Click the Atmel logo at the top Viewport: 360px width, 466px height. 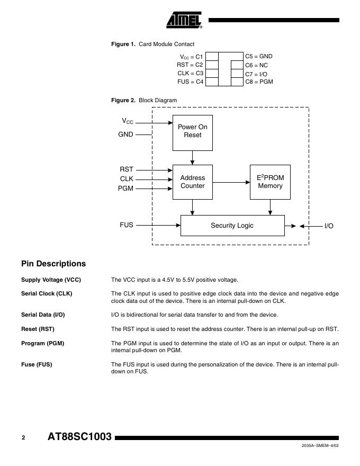[184, 20]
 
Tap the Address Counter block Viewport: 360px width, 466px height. [193, 182]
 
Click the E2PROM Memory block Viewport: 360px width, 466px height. [270, 182]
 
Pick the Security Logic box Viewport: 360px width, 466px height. [232, 226]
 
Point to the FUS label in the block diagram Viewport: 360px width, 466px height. [127, 225]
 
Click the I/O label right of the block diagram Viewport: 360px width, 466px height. [329, 226]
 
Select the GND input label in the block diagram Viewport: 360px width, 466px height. [125, 135]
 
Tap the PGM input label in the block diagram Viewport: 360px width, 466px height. [125, 189]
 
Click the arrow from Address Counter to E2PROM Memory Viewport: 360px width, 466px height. [231, 182]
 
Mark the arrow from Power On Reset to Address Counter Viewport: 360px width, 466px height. [193, 158]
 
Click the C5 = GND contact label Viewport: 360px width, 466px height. [258, 56]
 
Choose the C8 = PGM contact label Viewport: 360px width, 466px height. [259, 82]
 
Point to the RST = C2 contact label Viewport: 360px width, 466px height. [190, 65]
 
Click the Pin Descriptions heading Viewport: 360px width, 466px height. [53, 264]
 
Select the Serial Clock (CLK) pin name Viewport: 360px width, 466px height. [47, 293]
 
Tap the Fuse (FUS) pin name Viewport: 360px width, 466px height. [37, 364]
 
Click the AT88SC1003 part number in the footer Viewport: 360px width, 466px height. [79, 437]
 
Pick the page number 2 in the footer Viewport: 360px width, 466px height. [23, 438]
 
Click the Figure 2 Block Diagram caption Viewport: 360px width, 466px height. [144, 100]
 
